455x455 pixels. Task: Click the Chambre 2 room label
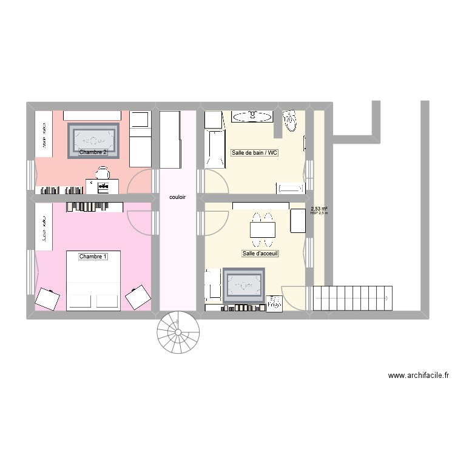tap(93, 152)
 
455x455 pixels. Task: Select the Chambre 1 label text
tap(93, 257)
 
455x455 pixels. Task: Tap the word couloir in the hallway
tap(178, 198)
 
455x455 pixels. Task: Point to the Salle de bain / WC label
tap(254, 152)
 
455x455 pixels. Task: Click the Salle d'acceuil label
tap(260, 254)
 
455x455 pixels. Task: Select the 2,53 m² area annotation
tap(319, 209)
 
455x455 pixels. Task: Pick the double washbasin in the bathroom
tap(253, 115)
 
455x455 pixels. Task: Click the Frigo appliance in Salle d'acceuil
tap(298, 220)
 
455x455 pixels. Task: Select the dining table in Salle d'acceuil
tap(262, 229)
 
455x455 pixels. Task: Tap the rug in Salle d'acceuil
tap(245, 285)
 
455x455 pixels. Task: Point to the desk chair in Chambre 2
tap(102, 174)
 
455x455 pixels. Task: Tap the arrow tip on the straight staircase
tap(387, 298)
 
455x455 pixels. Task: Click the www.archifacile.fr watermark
tap(419, 376)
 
